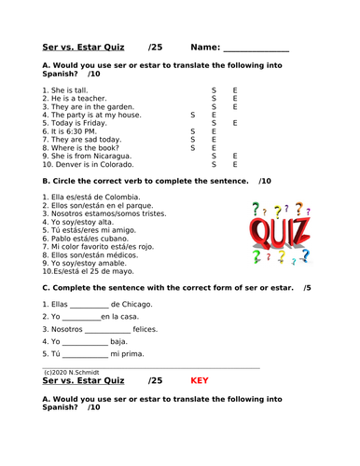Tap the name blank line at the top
[256, 48]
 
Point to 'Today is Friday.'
[73, 123]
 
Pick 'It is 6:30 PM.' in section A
[69, 131]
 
